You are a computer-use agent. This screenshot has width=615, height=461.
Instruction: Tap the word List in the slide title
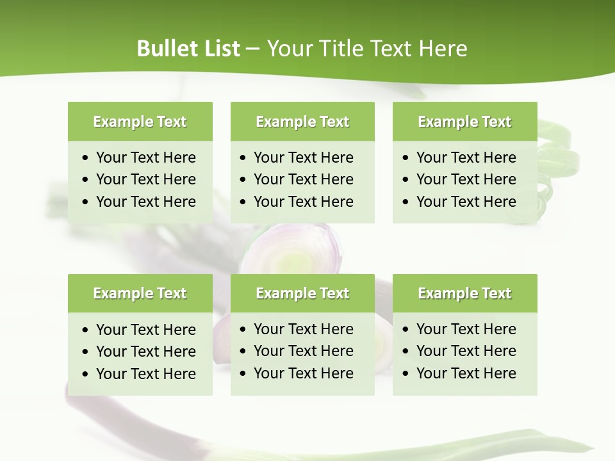(220, 49)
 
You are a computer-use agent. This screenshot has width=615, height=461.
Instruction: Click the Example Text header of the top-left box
(140, 122)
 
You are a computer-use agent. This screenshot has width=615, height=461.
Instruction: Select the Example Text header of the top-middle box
(302, 122)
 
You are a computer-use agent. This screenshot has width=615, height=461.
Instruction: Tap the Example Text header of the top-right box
(464, 122)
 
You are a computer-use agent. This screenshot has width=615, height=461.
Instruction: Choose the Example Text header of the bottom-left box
(140, 293)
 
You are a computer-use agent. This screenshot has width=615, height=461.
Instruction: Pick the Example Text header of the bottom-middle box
(302, 293)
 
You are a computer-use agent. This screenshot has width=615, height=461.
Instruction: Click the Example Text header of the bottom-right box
(464, 293)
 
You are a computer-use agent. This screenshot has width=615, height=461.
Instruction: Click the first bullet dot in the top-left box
(86, 158)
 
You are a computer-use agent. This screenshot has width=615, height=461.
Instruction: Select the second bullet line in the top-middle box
(303, 179)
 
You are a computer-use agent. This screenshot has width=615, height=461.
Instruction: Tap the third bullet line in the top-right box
(466, 202)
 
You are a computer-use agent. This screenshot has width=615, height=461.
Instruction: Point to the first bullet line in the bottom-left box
(145, 330)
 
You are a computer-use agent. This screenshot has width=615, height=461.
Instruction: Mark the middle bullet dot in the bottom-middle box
(243, 352)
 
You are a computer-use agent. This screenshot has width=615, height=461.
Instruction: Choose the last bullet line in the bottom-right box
(466, 373)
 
